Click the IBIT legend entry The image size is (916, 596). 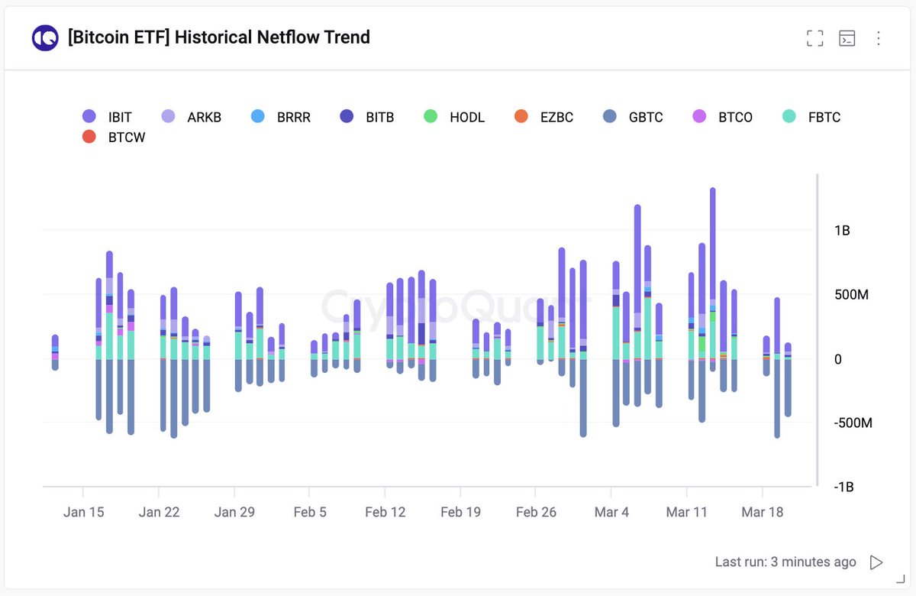108,117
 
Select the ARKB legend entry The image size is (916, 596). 191,117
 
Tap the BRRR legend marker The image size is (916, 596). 258,117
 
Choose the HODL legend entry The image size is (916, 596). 456,117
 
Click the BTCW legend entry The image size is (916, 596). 115,138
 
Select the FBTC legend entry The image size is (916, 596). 814,117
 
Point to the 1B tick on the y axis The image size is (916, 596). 841,231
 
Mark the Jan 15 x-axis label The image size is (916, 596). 83,512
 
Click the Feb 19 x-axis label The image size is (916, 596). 461,512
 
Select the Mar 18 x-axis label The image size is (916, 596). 763,512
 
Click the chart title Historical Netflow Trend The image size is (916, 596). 218,37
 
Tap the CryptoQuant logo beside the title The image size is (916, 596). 45,37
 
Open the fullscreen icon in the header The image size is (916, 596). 815,38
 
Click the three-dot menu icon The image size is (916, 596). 878,38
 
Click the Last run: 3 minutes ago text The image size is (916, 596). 785,562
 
